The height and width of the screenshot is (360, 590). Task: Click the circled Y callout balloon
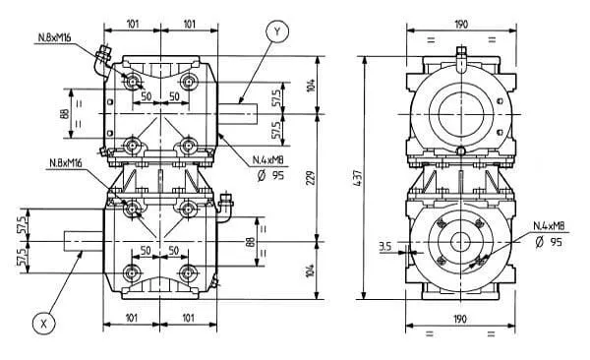coord(277,31)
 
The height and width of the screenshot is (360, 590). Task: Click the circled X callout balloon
coord(44,324)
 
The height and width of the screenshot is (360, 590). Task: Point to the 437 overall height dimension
coord(358,178)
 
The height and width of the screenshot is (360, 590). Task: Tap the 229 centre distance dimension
coord(311,178)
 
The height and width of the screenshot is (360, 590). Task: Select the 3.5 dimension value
coord(384,246)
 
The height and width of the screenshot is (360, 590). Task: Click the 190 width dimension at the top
coord(461,25)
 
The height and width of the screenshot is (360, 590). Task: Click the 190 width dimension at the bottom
coord(460,319)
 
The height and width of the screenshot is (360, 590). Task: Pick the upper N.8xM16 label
coord(54,37)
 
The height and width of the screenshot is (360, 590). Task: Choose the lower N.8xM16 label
coord(66,162)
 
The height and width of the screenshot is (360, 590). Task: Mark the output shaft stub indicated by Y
coord(237,114)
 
